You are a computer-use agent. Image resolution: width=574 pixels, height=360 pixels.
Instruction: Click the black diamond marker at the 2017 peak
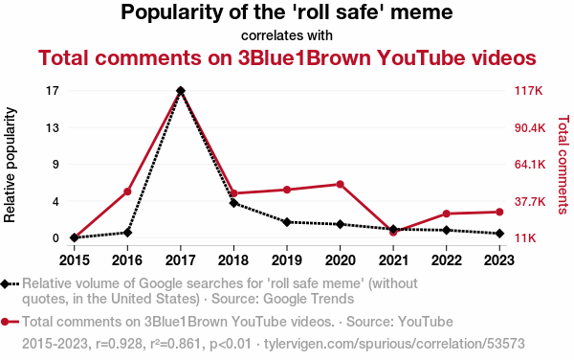click(x=181, y=90)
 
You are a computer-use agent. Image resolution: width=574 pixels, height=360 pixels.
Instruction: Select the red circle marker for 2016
click(x=127, y=191)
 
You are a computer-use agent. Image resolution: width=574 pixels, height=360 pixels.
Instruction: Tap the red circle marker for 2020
click(x=340, y=184)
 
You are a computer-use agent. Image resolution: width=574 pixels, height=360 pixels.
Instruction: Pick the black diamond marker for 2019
click(x=287, y=222)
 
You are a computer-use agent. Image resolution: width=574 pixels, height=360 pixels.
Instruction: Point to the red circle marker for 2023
click(x=499, y=212)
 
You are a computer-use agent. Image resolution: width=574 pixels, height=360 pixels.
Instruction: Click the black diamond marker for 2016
click(x=127, y=233)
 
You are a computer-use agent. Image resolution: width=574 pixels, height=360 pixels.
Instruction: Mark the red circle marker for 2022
click(x=447, y=214)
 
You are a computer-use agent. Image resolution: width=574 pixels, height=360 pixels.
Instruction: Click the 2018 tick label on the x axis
click(x=233, y=260)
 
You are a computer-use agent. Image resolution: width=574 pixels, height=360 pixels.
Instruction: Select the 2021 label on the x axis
click(x=393, y=260)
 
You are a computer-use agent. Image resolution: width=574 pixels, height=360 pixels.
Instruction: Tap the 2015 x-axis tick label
click(x=75, y=260)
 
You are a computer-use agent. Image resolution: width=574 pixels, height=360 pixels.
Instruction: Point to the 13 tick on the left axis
click(x=53, y=127)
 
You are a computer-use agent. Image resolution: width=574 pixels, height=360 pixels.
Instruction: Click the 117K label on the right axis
click(x=529, y=90)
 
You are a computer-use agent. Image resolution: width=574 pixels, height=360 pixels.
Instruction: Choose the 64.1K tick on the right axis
click(x=530, y=165)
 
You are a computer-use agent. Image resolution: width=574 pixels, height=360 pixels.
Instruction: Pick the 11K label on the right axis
click(x=525, y=238)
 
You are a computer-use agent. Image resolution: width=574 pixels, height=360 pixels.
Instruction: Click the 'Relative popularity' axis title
click(x=10, y=165)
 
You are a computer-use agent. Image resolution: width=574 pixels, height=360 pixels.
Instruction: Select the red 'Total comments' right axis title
click(x=563, y=165)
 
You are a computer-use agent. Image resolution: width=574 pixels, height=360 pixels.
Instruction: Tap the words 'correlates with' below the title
click(x=287, y=35)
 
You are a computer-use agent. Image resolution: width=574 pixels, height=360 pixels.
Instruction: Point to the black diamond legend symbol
click(x=5, y=283)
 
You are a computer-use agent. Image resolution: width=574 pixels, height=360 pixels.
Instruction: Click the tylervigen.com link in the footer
click(x=394, y=344)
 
